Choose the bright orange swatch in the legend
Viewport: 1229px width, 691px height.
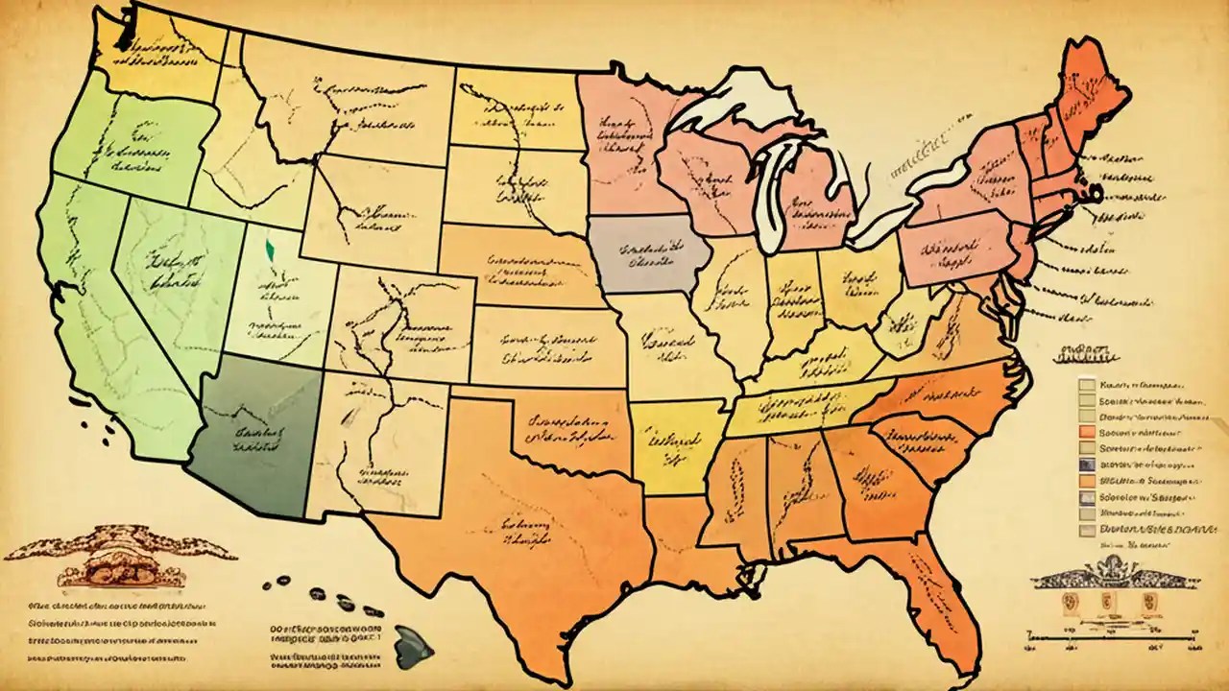tap(1086, 430)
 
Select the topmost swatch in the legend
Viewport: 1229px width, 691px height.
tap(1086, 385)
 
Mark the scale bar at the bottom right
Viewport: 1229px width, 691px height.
tap(1114, 634)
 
